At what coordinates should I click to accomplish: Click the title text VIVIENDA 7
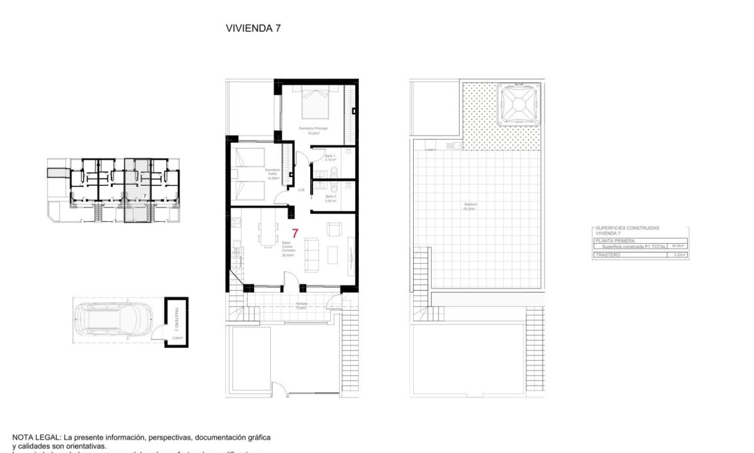(253, 28)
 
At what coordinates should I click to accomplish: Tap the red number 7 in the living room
(295, 234)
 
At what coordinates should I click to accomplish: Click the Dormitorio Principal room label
(313, 128)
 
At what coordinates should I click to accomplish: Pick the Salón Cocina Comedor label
(288, 249)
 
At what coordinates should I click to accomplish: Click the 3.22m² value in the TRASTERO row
(680, 255)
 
